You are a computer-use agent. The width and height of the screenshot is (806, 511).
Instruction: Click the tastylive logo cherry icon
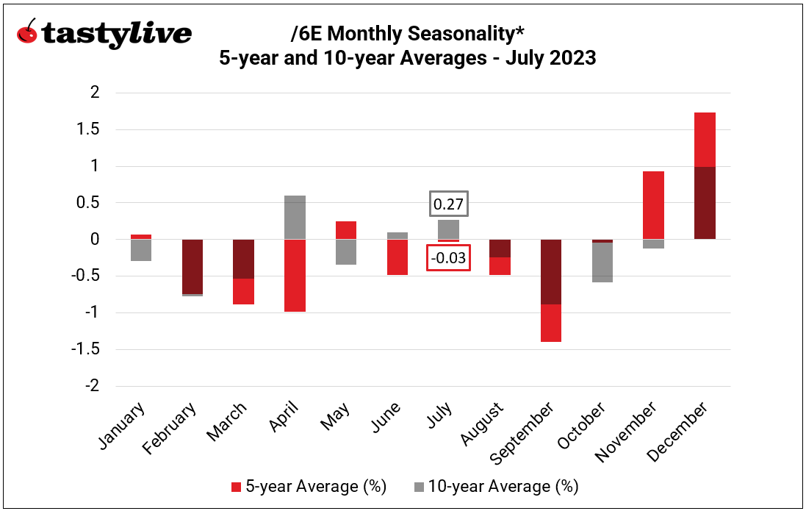click(28, 33)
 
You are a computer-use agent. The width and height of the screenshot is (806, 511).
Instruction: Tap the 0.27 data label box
click(448, 205)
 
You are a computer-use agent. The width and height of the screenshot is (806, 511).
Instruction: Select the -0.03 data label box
click(448, 258)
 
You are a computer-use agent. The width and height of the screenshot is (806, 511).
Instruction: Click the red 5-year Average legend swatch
click(236, 487)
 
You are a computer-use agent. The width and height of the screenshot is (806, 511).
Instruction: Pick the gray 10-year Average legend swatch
click(419, 487)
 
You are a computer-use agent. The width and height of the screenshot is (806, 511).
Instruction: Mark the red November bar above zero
click(653, 205)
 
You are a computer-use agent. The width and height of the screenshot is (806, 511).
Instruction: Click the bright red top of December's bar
click(705, 140)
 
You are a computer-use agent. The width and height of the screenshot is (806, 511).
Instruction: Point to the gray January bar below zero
click(140, 250)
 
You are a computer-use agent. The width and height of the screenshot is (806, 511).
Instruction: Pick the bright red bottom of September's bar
click(551, 323)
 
